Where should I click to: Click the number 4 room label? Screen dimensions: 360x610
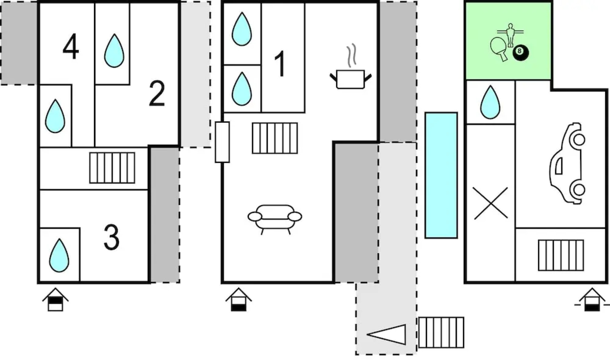click(x=71, y=47)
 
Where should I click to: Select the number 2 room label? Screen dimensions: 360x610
click(x=157, y=94)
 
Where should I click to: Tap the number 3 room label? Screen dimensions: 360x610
click(x=111, y=237)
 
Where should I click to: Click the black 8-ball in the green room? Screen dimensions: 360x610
click(x=520, y=52)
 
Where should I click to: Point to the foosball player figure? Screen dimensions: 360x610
click(x=510, y=35)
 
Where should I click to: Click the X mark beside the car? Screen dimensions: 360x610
click(x=490, y=203)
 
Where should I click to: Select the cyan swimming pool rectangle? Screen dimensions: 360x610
click(x=441, y=175)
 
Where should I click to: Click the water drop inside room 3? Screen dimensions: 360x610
click(x=59, y=255)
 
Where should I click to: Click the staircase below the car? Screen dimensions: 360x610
click(x=561, y=255)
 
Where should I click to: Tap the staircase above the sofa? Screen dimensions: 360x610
click(x=275, y=138)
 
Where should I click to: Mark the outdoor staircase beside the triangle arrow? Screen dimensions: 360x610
click(x=441, y=332)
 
